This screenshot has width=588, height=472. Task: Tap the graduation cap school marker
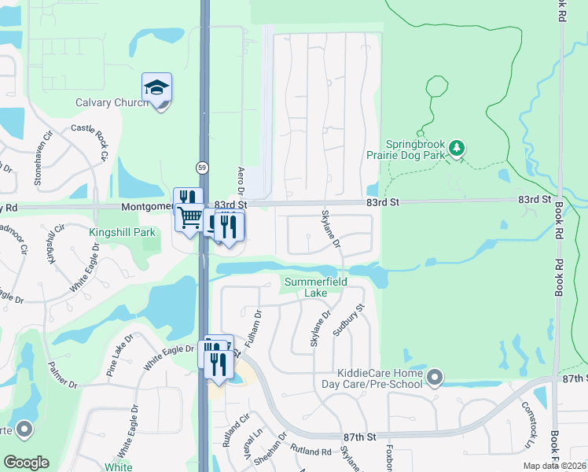157,88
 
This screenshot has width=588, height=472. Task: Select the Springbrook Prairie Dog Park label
417,149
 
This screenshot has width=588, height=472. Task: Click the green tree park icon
457,147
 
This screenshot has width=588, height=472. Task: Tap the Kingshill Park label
122,233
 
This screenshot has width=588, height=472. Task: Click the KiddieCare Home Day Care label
380,378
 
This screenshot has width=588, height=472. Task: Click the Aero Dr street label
241,181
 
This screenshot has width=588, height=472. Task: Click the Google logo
26,463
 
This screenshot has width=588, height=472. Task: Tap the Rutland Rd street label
309,452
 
